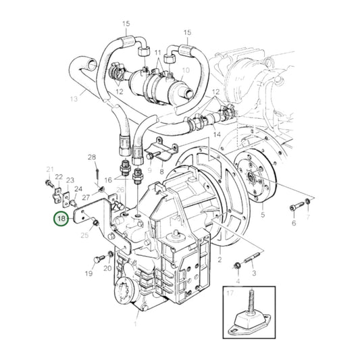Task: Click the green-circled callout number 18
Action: click(x=61, y=219)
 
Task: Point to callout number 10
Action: click(x=186, y=70)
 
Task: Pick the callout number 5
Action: click(x=263, y=215)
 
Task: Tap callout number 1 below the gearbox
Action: click(x=136, y=305)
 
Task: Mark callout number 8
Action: click(x=161, y=172)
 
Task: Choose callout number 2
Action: click(x=220, y=258)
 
